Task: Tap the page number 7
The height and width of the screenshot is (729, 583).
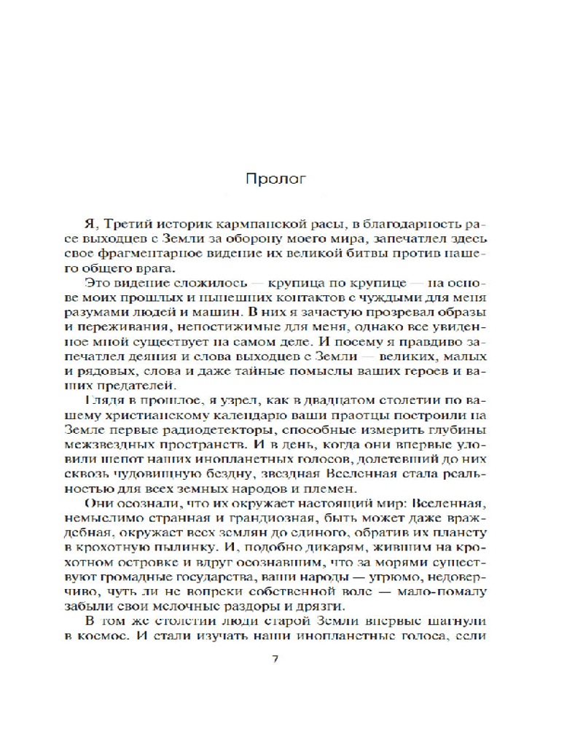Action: pos(275,660)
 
